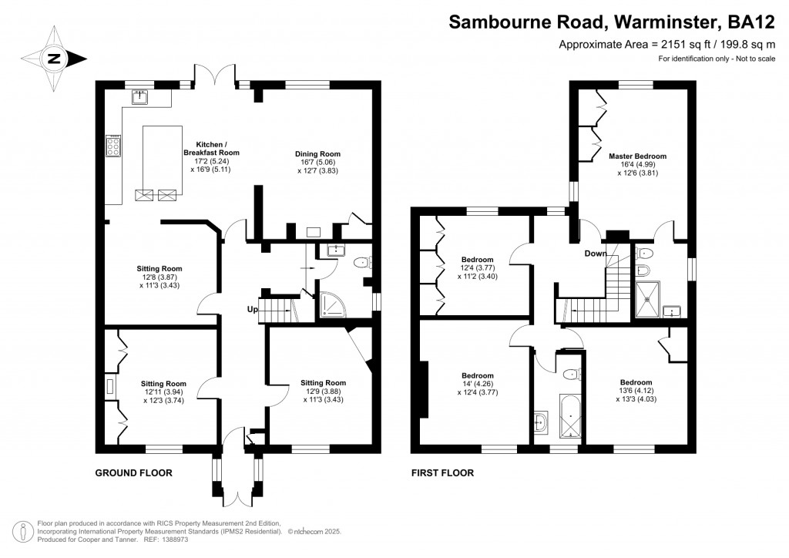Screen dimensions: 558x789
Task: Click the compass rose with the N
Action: pos(53,58)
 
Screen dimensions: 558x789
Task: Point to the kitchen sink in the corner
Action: pos(140,97)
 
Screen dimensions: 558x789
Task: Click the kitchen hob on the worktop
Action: pos(112,146)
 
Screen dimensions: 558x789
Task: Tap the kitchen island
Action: pos(161,162)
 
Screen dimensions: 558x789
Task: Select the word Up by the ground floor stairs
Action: pos(252,310)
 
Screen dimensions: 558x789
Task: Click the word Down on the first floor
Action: pos(595,254)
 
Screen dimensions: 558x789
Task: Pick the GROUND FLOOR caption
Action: pos(133,472)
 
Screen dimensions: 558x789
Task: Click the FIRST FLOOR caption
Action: pos(442,472)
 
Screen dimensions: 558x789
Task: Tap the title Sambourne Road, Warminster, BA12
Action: pos(612,22)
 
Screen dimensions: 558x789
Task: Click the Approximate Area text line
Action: pos(666,45)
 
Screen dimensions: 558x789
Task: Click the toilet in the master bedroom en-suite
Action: pos(646,269)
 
